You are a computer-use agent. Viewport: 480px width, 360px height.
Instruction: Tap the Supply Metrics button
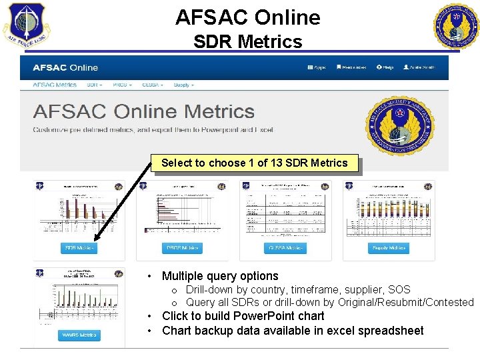point(387,248)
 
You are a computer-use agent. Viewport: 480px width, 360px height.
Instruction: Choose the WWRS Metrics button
point(79,335)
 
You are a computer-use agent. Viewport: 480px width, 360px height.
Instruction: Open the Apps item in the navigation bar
point(316,67)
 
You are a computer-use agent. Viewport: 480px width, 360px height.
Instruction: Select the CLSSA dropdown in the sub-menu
point(155,85)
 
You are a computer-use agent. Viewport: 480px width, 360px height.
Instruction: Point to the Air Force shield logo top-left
point(25,25)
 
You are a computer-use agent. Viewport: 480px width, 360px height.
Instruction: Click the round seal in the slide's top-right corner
point(457,26)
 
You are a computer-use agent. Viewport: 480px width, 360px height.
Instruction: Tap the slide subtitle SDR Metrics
point(247,42)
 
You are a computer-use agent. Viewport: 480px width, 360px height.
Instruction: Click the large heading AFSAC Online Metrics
point(143,111)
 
